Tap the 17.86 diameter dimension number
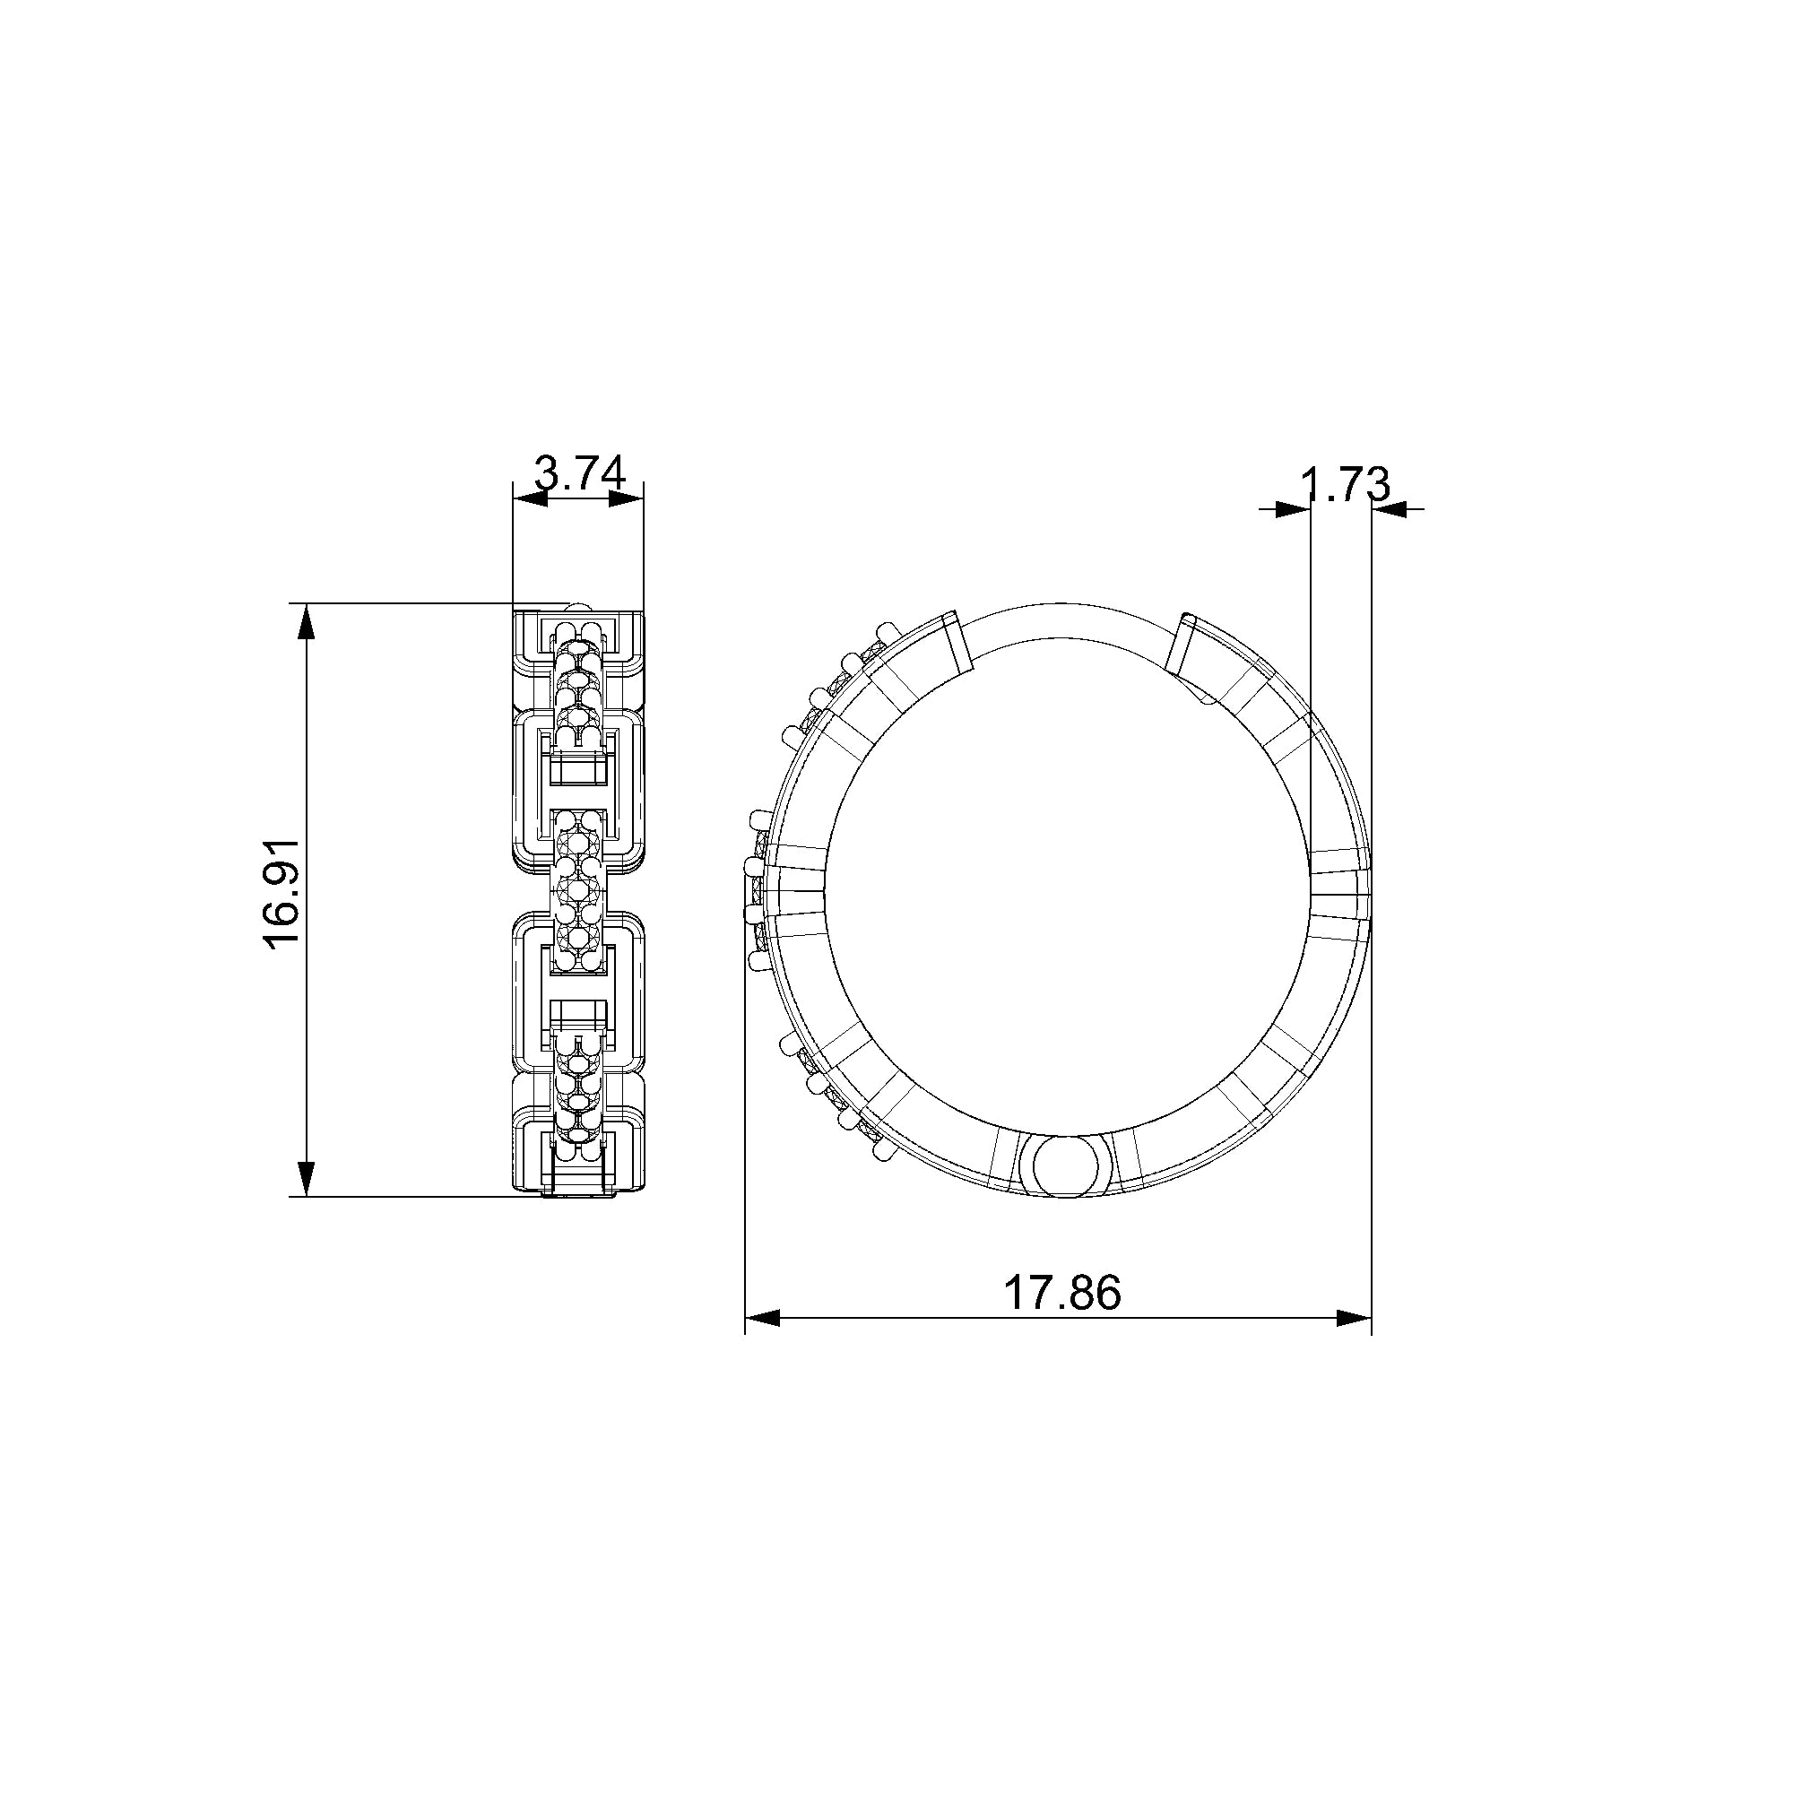tap(1062, 1292)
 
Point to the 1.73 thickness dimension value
tap(1345, 484)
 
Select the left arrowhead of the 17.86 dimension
tap(762, 1318)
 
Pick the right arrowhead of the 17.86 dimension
tap(1354, 1318)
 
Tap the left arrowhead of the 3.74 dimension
tap(531, 499)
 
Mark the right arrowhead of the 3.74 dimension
tap(627, 499)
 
